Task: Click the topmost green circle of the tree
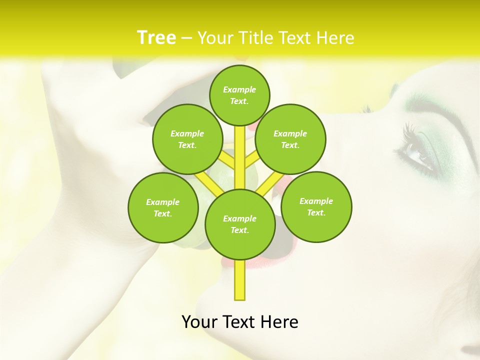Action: [x=239, y=95]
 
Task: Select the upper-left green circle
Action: [x=187, y=139]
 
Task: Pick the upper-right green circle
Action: [x=290, y=139]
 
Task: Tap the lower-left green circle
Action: [x=163, y=207]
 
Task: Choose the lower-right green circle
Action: [x=316, y=206]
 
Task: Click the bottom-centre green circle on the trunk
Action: [x=240, y=224]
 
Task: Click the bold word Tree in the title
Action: [x=156, y=37]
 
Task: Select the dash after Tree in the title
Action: [x=186, y=38]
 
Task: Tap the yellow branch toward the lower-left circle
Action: [x=206, y=182]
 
